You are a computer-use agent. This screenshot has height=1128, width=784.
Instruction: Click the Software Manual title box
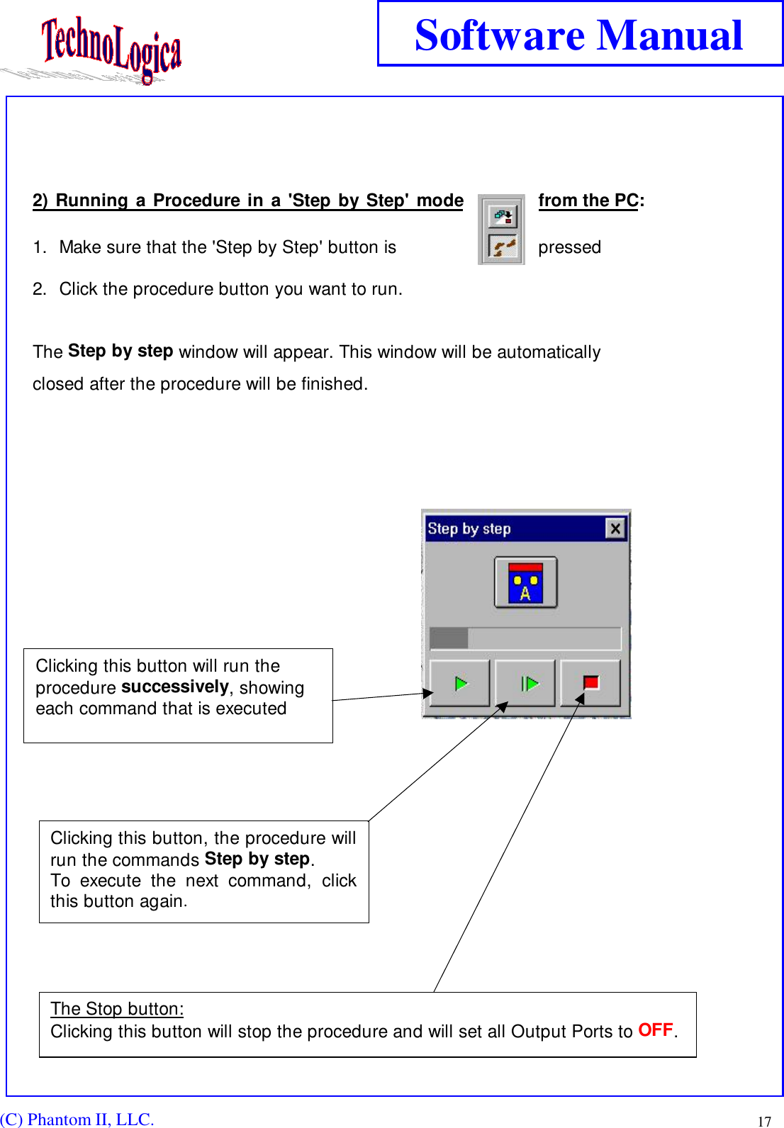click(579, 35)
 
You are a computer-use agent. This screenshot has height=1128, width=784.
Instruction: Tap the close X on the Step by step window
click(615, 529)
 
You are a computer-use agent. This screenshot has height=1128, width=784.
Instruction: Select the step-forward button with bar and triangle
click(525, 683)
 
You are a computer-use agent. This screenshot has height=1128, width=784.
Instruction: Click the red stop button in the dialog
click(590, 683)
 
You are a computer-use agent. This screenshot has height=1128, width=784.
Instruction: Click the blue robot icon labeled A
click(525, 583)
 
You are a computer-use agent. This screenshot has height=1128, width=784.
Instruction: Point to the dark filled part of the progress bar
click(449, 638)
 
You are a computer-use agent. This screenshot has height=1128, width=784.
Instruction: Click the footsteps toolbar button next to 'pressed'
click(503, 247)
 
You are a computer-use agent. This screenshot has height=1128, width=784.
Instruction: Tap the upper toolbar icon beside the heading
click(503, 215)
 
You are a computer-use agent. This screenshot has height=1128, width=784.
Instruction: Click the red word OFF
click(656, 1030)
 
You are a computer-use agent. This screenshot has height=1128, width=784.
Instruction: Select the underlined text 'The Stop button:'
click(117, 1008)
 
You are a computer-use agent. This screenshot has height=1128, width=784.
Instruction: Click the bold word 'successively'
click(175, 687)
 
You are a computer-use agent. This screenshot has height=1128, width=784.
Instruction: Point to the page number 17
click(764, 1121)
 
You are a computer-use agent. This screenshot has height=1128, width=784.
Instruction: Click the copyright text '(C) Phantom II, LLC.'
click(77, 1119)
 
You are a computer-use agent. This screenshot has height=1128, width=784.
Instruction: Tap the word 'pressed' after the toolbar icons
click(569, 247)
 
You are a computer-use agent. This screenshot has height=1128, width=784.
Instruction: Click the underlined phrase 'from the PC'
click(588, 201)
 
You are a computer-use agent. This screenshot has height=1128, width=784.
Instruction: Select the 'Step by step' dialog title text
click(469, 529)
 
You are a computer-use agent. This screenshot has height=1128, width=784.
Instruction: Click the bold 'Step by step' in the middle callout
click(257, 859)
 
